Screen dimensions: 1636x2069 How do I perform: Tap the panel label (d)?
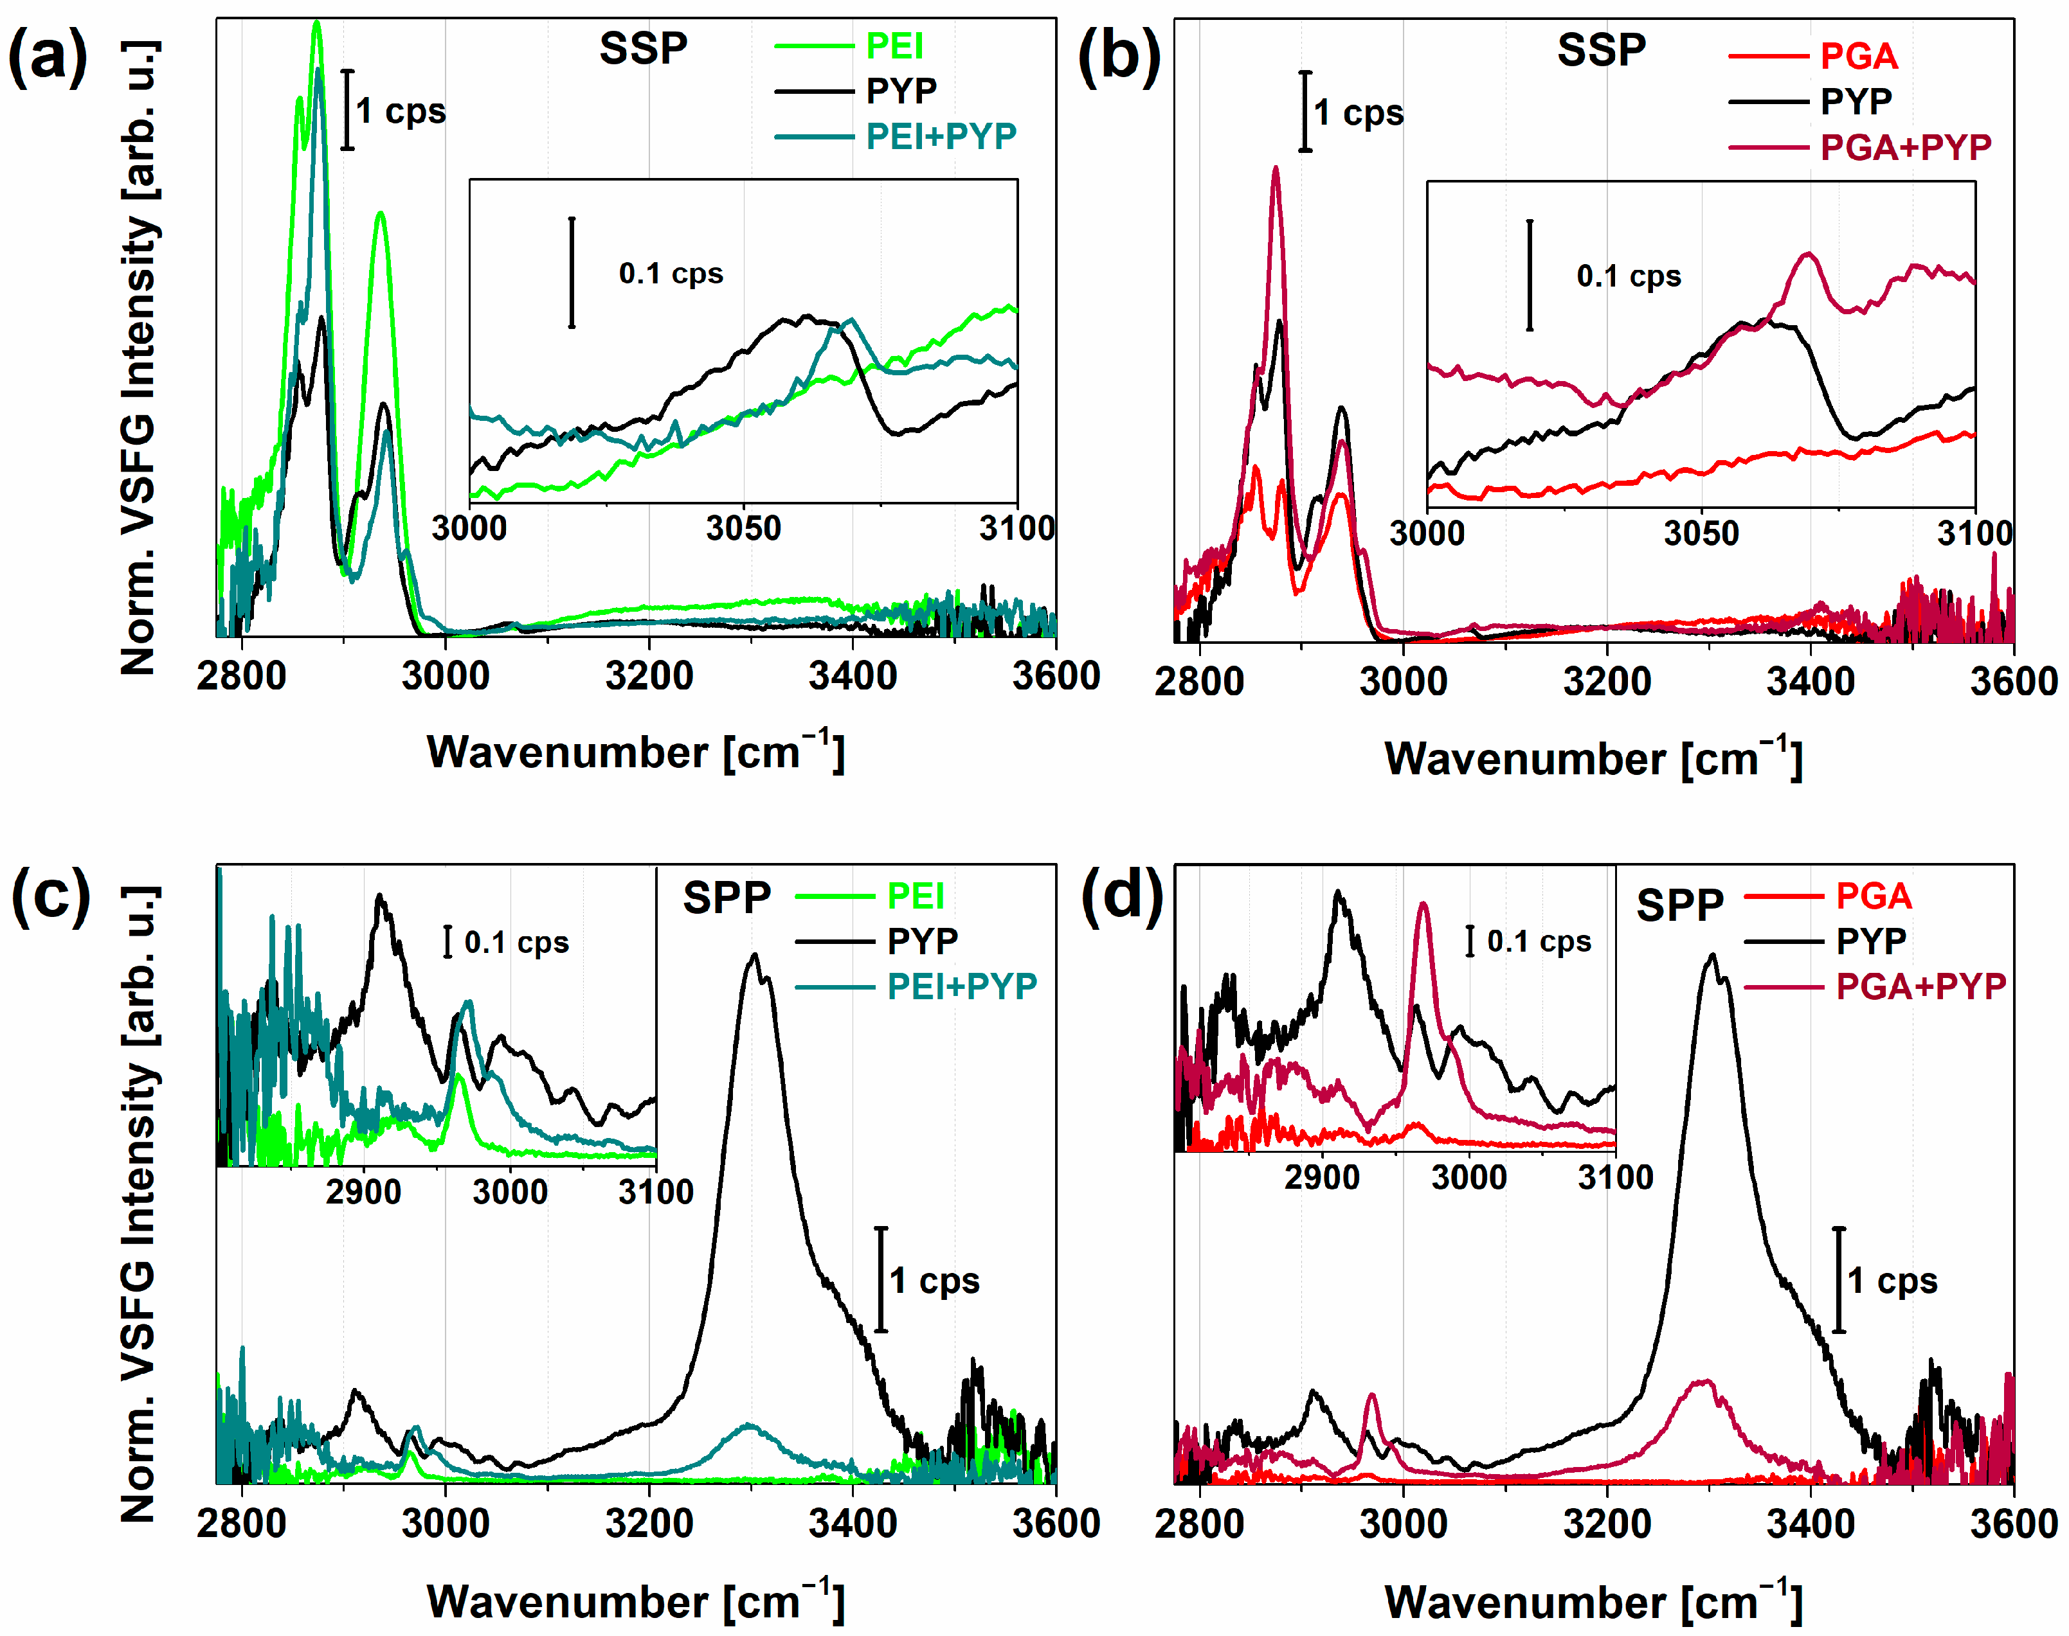pyautogui.click(x=1121, y=898)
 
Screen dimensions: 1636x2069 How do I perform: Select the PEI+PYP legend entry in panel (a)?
pyautogui.click(x=940, y=137)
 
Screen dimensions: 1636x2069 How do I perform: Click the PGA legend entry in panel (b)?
pyautogui.click(x=1858, y=57)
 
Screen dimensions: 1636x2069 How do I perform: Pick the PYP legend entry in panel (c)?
pyautogui.click(x=922, y=941)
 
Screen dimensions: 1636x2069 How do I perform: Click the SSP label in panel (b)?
pyautogui.click(x=1600, y=50)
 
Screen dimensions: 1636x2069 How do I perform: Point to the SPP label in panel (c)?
pyautogui.click(x=725, y=898)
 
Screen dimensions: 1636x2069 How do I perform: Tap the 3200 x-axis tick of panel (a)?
pyautogui.click(x=649, y=676)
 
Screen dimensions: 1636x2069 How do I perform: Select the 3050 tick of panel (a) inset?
pyautogui.click(x=743, y=528)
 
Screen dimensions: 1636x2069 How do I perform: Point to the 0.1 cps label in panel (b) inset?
pyautogui.click(x=1628, y=276)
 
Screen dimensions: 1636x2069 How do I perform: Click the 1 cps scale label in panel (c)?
pyautogui.click(x=934, y=1281)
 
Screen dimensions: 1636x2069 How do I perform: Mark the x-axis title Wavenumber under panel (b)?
pyautogui.click(x=1593, y=760)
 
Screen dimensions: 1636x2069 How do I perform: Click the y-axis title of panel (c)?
pyautogui.click(x=139, y=1204)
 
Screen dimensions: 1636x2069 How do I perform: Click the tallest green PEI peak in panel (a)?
pyautogui.click(x=316, y=23)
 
